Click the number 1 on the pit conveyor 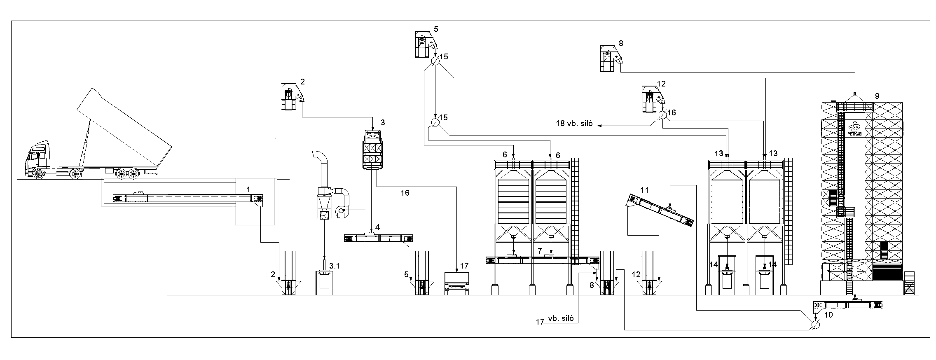[x=248, y=189]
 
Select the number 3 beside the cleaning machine [x=383, y=122]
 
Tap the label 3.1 [x=334, y=266]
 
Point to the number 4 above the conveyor [x=377, y=227]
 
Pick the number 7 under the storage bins [x=540, y=250]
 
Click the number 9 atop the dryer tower [x=877, y=96]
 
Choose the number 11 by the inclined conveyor [x=645, y=190]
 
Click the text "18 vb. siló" [x=574, y=124]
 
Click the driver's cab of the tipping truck [x=38, y=157]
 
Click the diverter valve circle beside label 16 [x=662, y=115]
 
